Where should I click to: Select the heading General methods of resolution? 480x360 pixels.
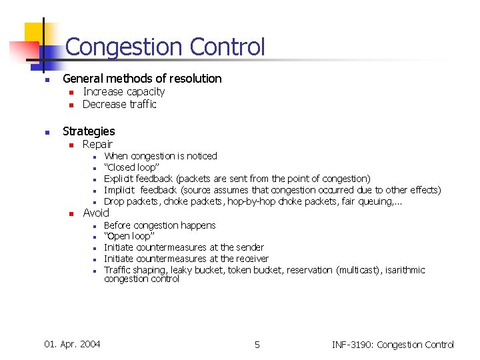142,79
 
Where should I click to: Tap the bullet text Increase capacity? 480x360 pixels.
123,92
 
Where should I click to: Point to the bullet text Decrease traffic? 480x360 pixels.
119,104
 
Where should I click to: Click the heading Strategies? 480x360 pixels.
89,131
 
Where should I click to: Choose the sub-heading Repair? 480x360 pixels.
97,144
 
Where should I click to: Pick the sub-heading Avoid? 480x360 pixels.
96,213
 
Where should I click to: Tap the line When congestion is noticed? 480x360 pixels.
161,156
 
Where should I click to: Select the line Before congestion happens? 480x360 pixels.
160,225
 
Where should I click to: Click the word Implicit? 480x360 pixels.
120,190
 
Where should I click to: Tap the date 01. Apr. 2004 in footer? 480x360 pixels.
72,344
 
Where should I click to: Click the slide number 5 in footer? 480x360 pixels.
257,345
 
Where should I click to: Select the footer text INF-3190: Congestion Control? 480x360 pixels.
393,345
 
